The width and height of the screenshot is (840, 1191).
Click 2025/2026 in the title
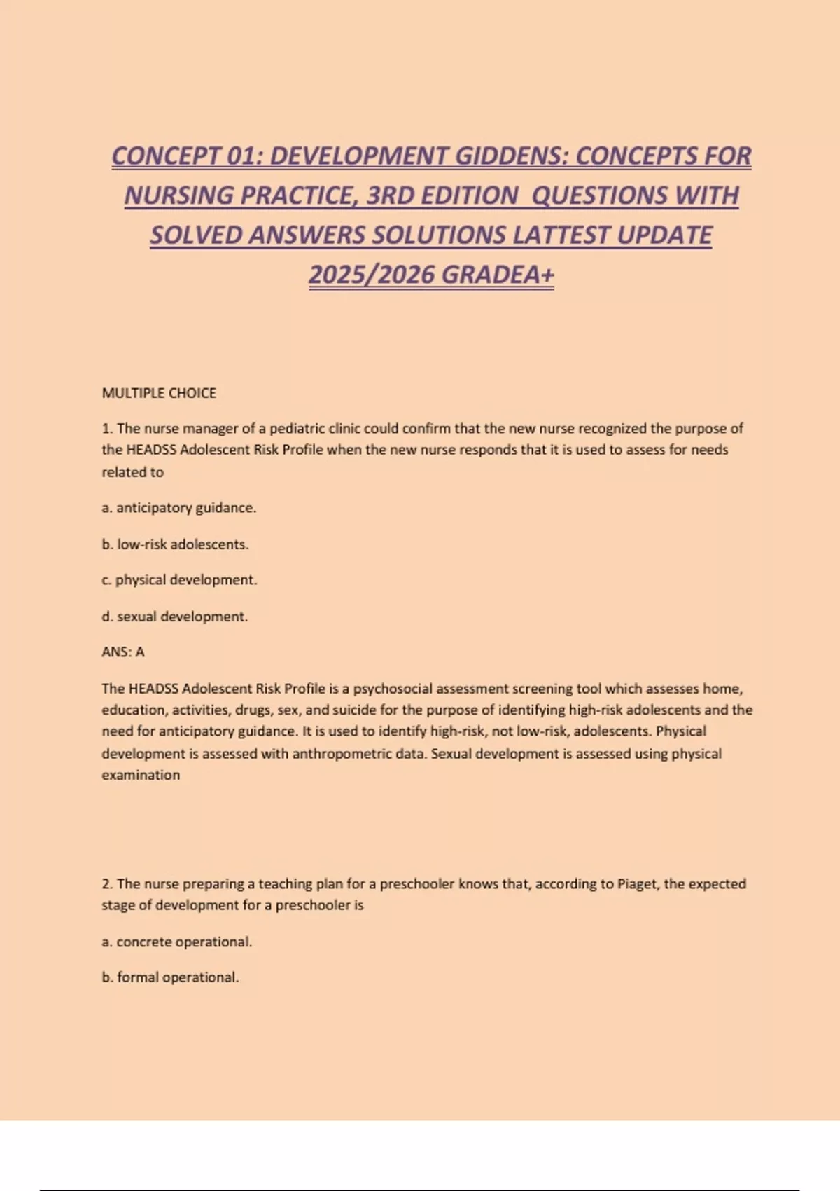[372, 275]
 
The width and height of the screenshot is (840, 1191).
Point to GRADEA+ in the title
[498, 275]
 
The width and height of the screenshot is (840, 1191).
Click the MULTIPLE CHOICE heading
[159, 393]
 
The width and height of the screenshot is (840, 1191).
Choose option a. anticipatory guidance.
[179, 508]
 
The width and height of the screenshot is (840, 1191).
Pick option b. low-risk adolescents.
[175, 544]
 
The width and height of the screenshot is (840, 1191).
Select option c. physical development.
[179, 580]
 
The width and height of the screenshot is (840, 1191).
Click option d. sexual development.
[175, 617]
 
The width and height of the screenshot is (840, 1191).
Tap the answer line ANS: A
[123, 652]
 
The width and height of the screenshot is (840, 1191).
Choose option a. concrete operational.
[177, 942]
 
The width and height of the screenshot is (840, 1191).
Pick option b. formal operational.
[170, 977]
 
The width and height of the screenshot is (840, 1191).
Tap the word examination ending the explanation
[141, 776]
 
